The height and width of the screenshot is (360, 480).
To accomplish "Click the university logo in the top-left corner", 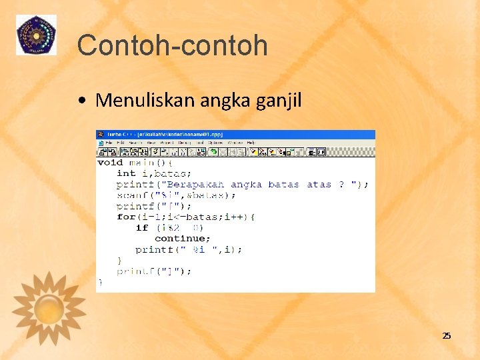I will [36, 35].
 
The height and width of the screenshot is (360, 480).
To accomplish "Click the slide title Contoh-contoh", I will [172, 46].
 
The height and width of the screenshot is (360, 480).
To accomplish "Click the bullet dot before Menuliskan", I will [81, 101].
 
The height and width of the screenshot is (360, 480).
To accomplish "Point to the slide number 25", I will [447, 335].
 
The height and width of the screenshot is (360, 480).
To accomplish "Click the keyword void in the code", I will [110, 162].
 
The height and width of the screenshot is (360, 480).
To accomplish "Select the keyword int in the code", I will [125, 173].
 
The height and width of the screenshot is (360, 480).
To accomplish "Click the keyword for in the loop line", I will [125, 217].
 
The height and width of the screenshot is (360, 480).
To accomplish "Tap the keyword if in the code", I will [141, 227].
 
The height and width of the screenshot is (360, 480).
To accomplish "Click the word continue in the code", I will [182, 239].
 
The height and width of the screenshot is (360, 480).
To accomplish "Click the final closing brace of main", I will [100, 282].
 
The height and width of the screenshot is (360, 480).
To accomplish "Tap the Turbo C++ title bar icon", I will [101, 134].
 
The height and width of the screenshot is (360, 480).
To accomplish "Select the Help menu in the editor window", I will [251, 143].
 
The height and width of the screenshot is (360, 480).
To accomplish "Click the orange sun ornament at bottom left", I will [49, 308].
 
